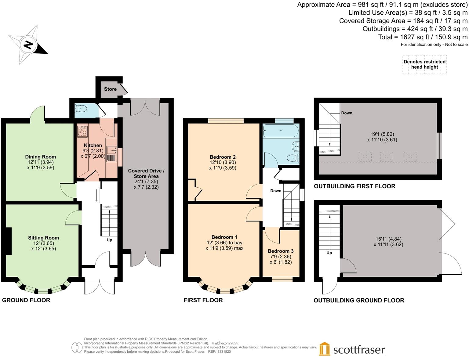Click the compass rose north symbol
coord(28,45)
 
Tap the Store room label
coord(110,89)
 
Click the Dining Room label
coord(41,157)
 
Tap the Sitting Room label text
coord(44,238)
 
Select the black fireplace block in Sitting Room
coord(9,241)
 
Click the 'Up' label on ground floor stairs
coord(109,240)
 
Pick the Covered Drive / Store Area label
coord(146,174)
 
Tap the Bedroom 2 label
coord(223,157)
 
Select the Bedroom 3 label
coord(281,251)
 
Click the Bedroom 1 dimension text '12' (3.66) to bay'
coord(224,243)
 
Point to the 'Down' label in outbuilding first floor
coord(347,113)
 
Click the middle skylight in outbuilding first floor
coord(386,157)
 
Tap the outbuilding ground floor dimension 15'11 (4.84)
coord(388,239)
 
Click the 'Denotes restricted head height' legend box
coord(424,64)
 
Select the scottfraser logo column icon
coord(325,349)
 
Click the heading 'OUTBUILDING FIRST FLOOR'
coord(354,186)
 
